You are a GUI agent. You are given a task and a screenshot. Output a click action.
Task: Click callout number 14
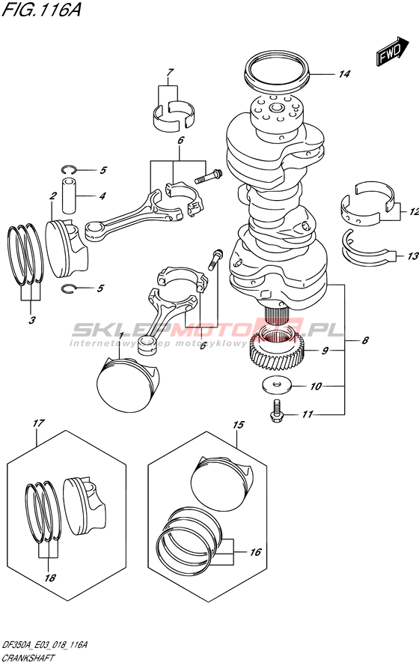click(344, 74)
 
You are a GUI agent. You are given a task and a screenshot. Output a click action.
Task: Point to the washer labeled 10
click(277, 385)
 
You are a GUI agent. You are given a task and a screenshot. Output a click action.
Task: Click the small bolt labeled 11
click(276, 410)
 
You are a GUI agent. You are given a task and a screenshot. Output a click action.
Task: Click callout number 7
click(169, 72)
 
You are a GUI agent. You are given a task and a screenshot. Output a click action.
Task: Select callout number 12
click(414, 211)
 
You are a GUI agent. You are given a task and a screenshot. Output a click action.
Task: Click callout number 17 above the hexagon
click(38, 423)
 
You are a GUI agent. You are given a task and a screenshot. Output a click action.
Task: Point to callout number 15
click(239, 424)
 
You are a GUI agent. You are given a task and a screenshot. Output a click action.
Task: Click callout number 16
click(255, 551)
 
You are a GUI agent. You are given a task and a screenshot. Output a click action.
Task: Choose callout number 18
click(50, 578)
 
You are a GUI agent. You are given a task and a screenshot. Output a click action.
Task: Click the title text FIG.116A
click(41, 9)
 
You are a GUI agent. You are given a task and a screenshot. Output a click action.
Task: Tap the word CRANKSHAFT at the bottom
click(28, 659)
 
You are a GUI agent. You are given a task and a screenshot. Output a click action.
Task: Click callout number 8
click(364, 340)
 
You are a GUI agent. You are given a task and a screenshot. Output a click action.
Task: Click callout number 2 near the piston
click(53, 196)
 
